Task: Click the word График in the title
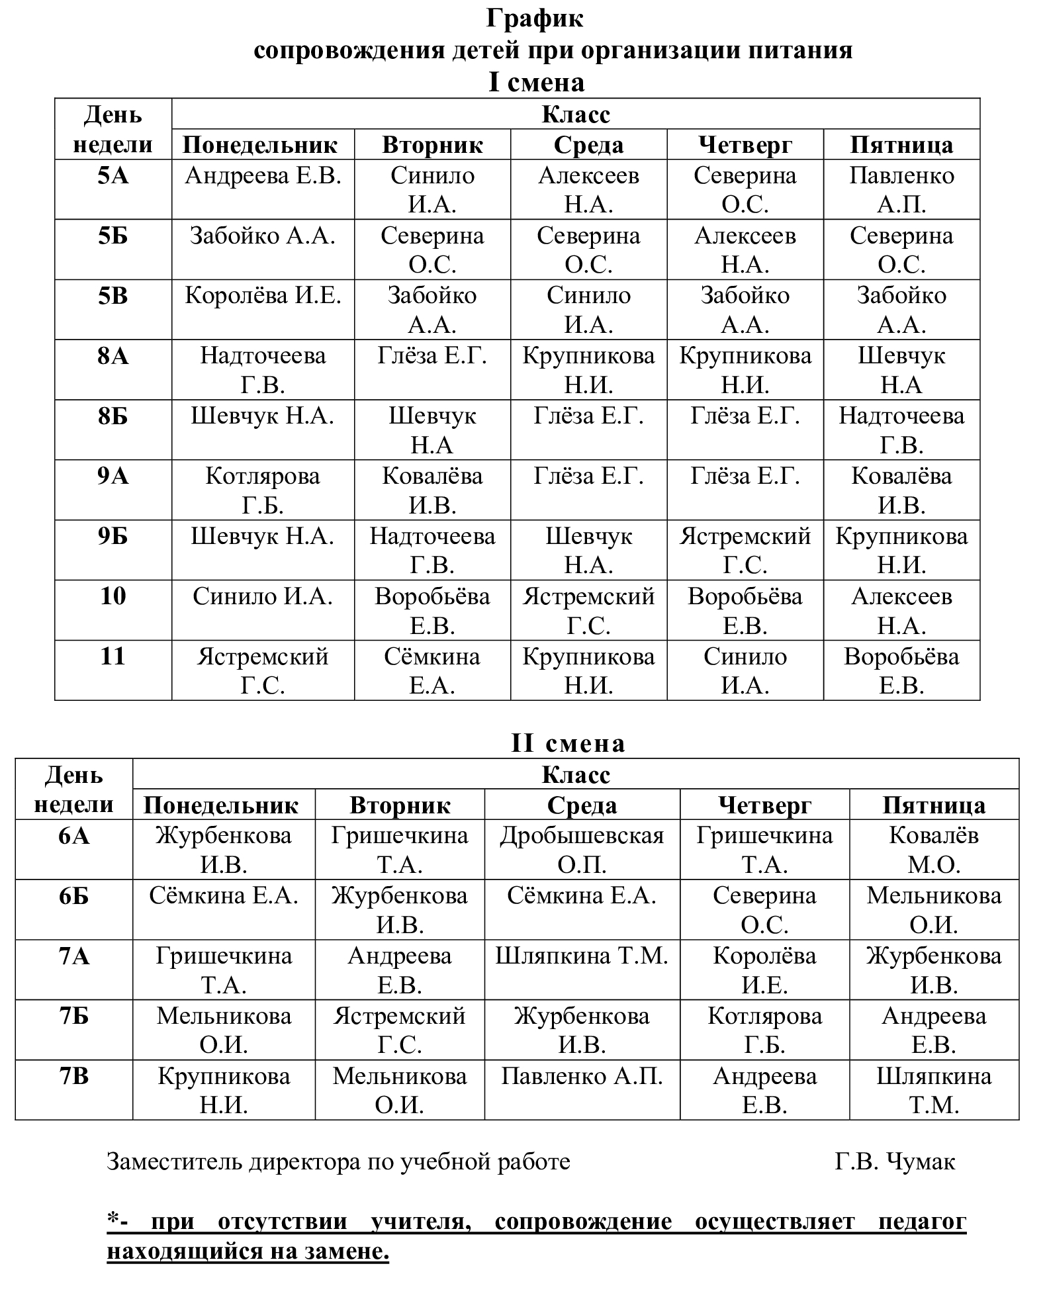click(535, 19)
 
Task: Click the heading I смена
click(536, 83)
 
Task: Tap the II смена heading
click(568, 743)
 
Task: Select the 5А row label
click(113, 176)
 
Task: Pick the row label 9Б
click(113, 537)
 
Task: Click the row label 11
click(113, 657)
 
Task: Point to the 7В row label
click(74, 1077)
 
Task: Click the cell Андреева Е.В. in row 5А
click(263, 176)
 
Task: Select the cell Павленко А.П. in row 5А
click(901, 189)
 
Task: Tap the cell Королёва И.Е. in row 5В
click(263, 296)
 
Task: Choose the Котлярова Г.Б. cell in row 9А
click(263, 490)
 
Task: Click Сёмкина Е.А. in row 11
click(432, 670)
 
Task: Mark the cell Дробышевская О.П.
click(582, 850)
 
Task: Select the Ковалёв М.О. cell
click(934, 850)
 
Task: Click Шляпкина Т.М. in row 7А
click(582, 956)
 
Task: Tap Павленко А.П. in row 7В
click(582, 1077)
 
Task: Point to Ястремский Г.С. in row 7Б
click(400, 1030)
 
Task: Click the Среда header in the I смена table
click(588, 145)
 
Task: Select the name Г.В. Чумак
click(895, 1161)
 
